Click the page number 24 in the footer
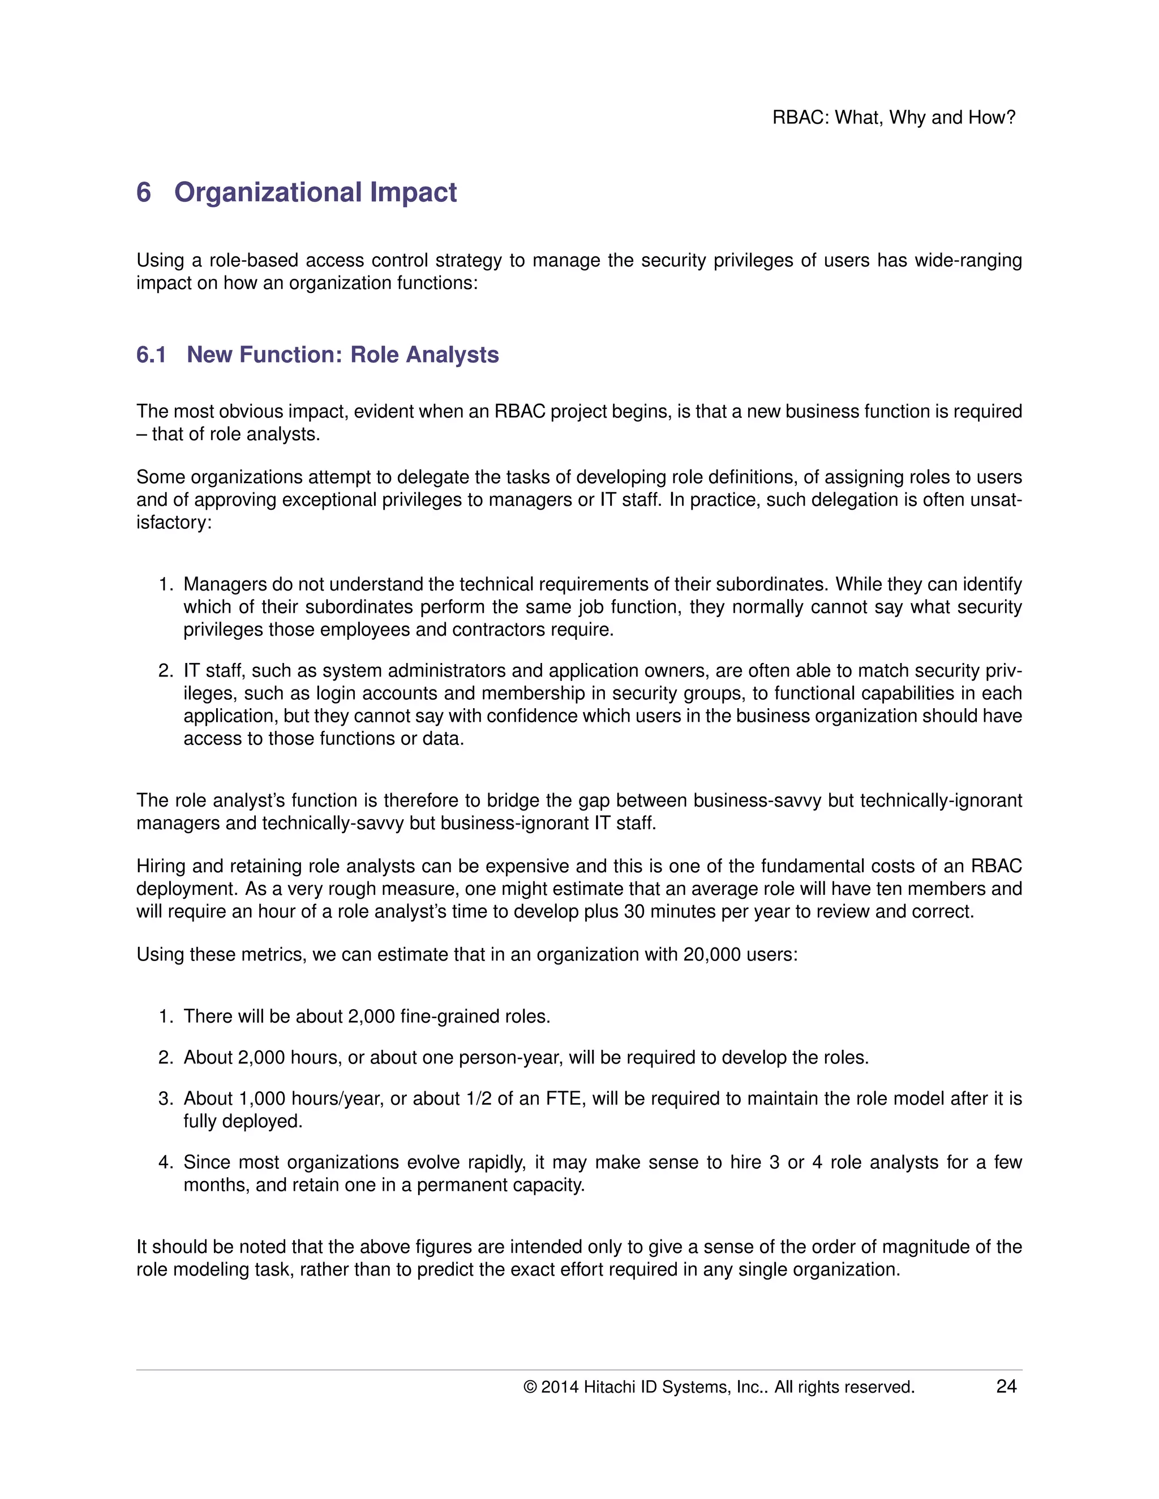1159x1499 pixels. pyautogui.click(x=1006, y=1386)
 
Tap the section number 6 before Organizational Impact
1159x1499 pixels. pyautogui.click(x=144, y=192)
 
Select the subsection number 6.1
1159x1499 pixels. pyautogui.click(x=151, y=355)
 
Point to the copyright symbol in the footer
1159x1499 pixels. pyautogui.click(x=529, y=1387)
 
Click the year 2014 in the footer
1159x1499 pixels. pyautogui.click(x=560, y=1387)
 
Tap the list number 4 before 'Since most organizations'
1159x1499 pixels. pyautogui.click(x=164, y=1162)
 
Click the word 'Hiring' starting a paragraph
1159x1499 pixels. pyautogui.click(x=161, y=866)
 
